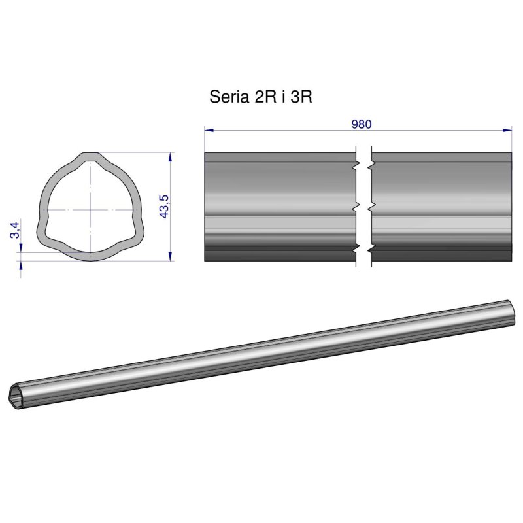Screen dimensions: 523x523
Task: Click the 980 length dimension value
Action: tap(361, 124)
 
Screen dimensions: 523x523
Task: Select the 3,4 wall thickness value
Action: tap(14, 230)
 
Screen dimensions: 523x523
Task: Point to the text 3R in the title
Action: tap(301, 97)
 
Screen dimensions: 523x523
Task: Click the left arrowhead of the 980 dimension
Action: tap(209, 130)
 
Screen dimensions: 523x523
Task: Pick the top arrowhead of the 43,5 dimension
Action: tap(171, 156)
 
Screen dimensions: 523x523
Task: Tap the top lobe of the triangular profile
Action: tap(91, 158)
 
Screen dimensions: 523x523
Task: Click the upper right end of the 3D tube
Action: tap(511, 312)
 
